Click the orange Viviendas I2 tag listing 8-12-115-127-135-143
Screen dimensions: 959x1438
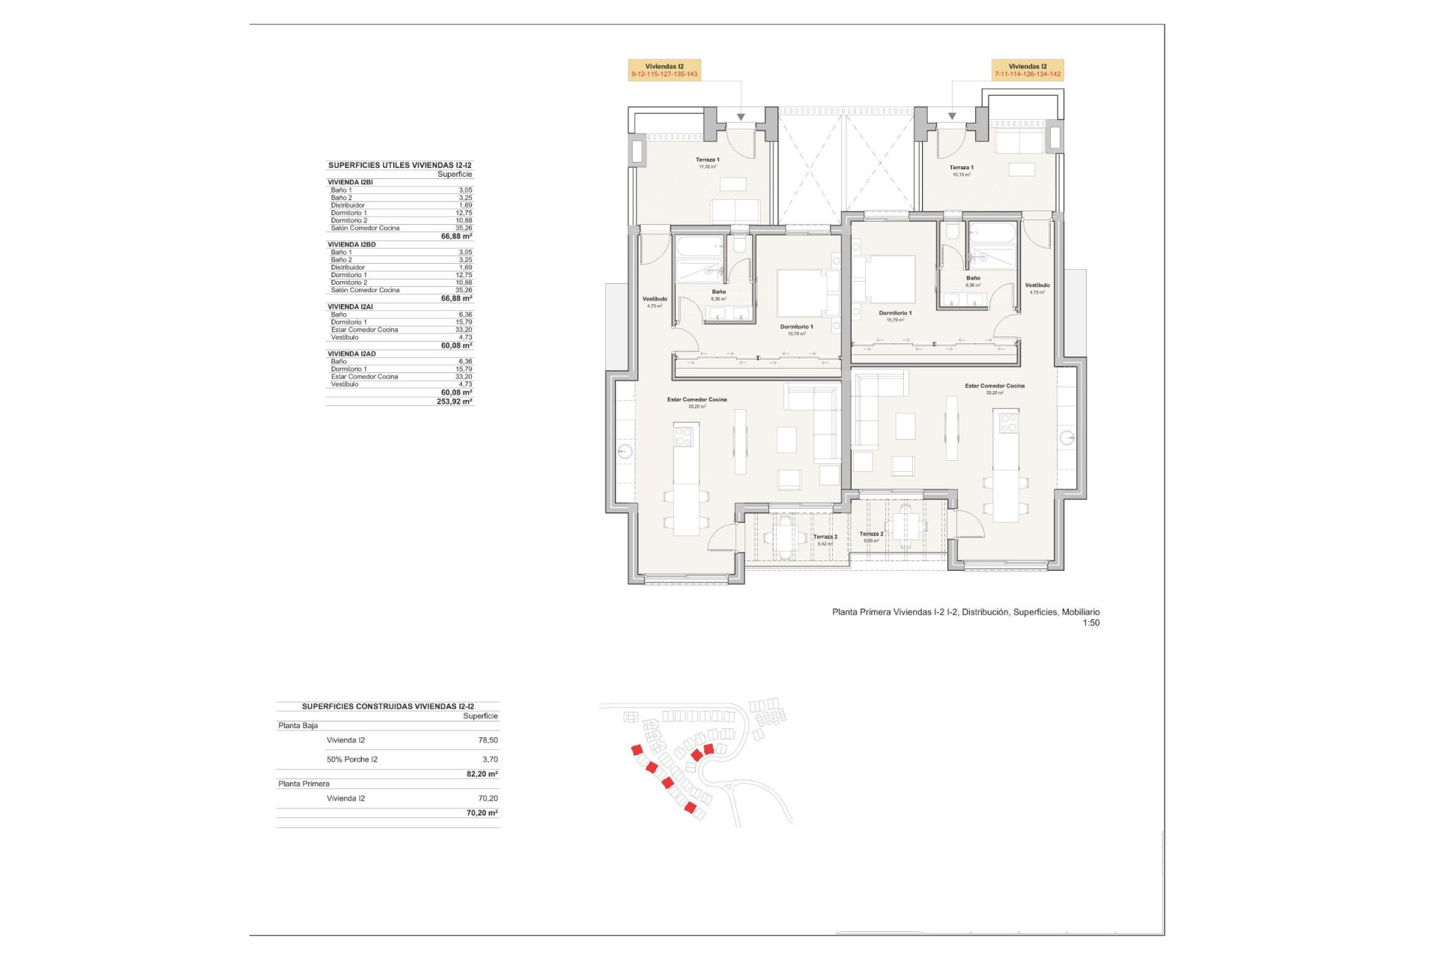[x=664, y=70]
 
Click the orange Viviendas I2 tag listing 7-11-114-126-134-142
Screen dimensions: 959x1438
[x=1028, y=70]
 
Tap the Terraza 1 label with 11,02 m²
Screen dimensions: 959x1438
[x=707, y=163]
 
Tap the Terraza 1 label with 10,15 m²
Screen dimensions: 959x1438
[x=961, y=171]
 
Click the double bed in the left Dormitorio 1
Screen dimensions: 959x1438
[x=801, y=293]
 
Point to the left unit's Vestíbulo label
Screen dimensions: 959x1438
[x=655, y=301]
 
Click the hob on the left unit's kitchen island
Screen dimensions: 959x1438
[x=683, y=437]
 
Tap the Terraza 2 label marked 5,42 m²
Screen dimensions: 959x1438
[x=825, y=539]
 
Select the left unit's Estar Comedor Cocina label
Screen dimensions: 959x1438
[x=697, y=402]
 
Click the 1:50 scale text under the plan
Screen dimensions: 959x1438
[x=1090, y=623]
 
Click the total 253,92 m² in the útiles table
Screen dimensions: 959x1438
[x=454, y=402]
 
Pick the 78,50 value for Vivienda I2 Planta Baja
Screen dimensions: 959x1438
[x=488, y=740]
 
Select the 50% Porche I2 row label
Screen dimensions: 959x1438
[x=352, y=760]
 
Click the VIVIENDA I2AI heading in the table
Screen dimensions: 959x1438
[x=350, y=307]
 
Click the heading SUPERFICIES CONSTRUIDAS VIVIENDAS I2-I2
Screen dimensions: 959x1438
[x=387, y=707]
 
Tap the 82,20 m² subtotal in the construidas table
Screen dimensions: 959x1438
[x=482, y=774]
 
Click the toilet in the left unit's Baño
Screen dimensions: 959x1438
[x=739, y=244]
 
